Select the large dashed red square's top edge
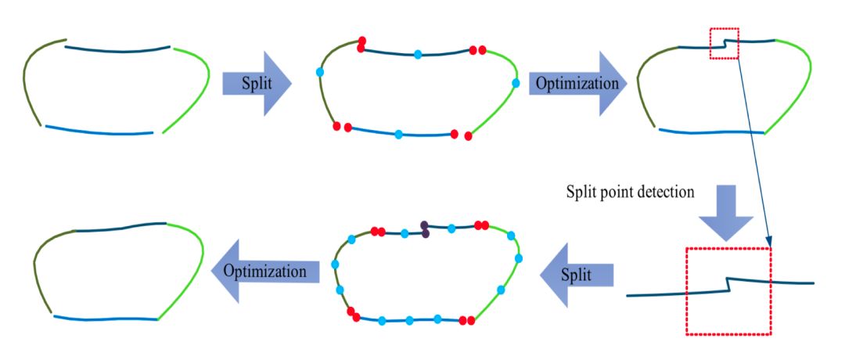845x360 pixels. [728, 249]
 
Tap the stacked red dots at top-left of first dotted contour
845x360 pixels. [361, 45]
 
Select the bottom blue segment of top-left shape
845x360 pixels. [98, 131]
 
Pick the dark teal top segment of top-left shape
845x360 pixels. [117, 50]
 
